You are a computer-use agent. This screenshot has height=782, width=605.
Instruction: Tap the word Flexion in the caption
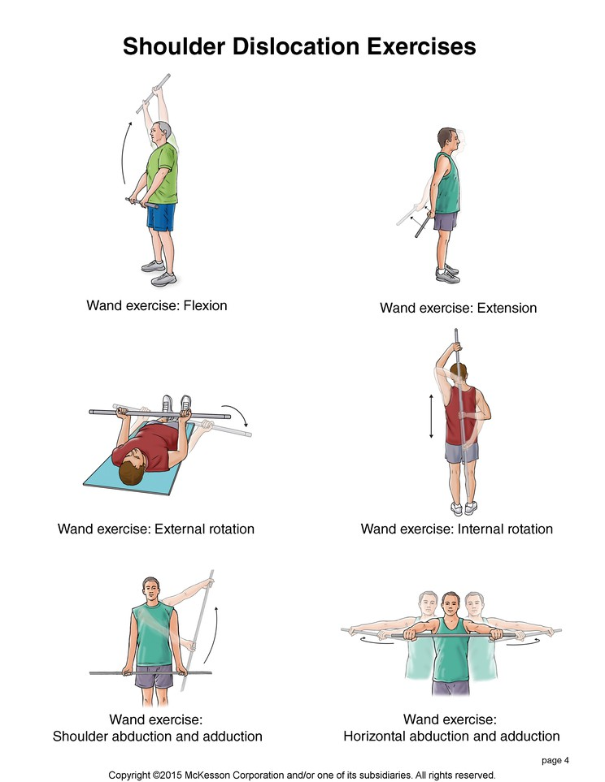(x=206, y=305)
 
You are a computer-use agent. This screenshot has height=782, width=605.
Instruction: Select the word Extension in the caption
(x=507, y=308)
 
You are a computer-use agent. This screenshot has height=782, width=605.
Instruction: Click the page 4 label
(x=555, y=761)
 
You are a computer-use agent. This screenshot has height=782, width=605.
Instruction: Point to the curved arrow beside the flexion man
(x=124, y=151)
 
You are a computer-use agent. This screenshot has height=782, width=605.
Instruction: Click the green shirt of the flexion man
(x=163, y=174)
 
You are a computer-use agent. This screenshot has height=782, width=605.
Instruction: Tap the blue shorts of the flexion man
(x=161, y=217)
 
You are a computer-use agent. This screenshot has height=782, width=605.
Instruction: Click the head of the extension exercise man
(x=447, y=139)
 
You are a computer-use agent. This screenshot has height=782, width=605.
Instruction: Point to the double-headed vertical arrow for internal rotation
(x=432, y=416)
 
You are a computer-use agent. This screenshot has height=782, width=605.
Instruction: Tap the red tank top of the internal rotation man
(x=461, y=417)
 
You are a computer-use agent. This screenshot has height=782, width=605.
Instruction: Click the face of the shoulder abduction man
(x=150, y=590)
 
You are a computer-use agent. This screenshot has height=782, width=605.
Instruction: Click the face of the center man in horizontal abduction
(x=450, y=606)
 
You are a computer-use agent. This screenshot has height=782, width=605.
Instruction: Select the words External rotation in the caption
(x=204, y=529)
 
